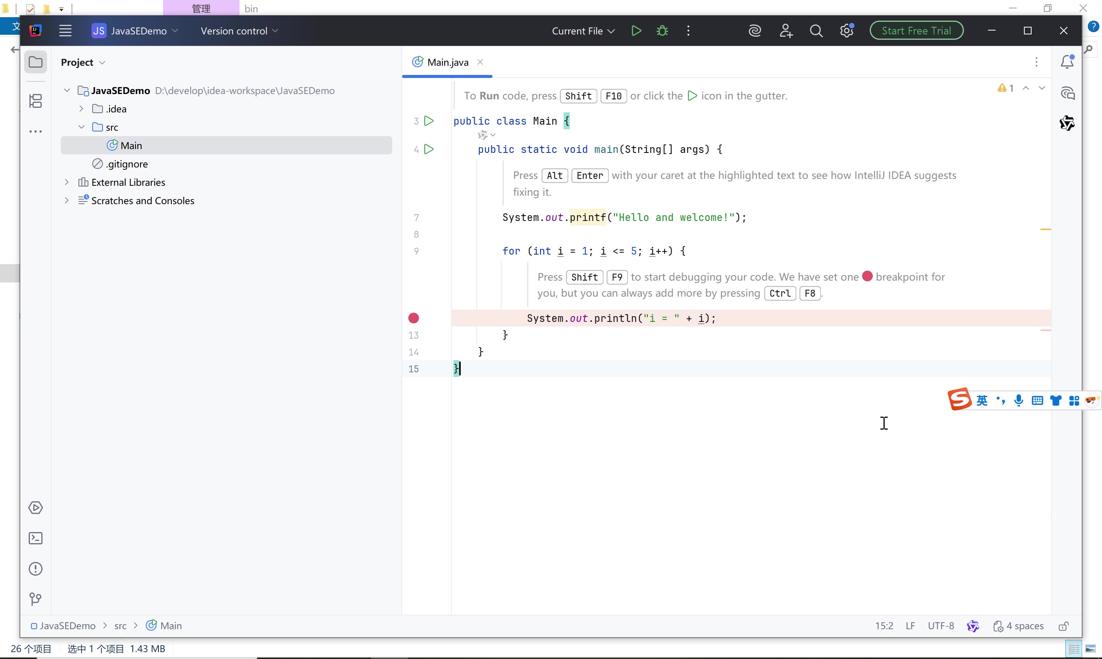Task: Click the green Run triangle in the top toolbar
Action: tap(636, 31)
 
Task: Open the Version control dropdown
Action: tap(239, 31)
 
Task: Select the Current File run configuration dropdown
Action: tap(583, 31)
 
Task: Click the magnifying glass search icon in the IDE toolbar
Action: tap(816, 31)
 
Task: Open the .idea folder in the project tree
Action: tap(116, 109)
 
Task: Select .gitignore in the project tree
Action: tap(127, 164)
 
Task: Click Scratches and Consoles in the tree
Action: tap(143, 201)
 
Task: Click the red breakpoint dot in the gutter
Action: tap(413, 318)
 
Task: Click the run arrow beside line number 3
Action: tap(429, 121)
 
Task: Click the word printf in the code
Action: tap(588, 217)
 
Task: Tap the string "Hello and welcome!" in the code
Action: tap(673, 217)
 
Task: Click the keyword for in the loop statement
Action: tap(511, 251)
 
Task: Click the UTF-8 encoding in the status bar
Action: tap(941, 626)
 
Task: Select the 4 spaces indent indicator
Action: tap(1019, 626)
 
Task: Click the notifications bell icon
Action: tap(1067, 62)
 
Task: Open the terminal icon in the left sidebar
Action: tap(36, 538)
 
